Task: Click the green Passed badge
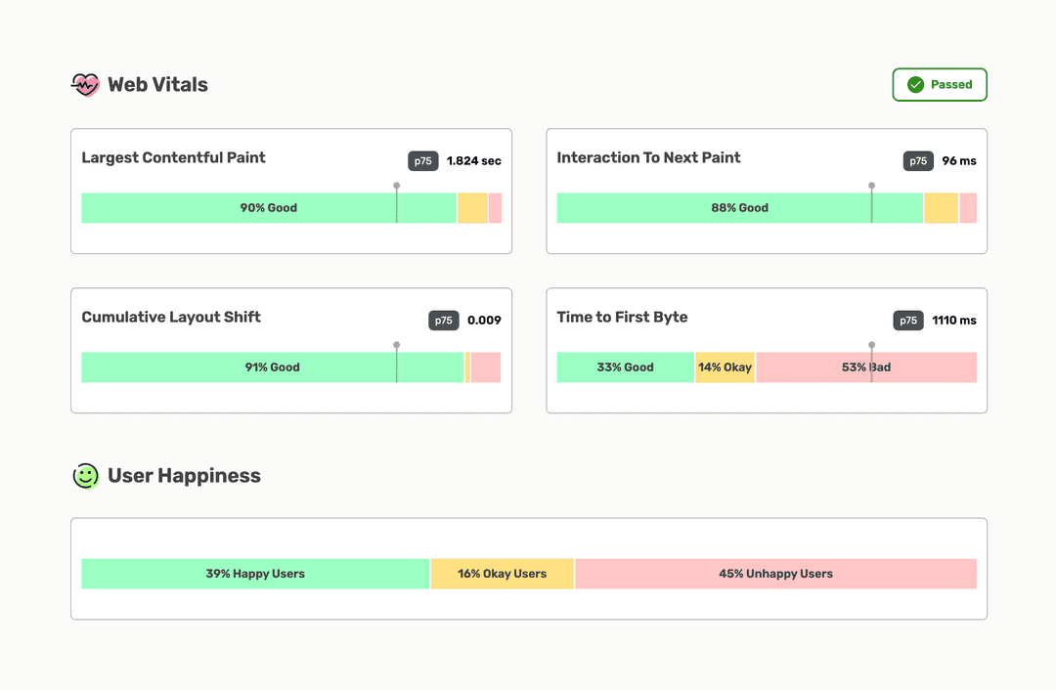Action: (x=940, y=85)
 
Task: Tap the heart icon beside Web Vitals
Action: (x=86, y=85)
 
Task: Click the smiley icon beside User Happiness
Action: (x=86, y=476)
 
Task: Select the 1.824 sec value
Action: (x=474, y=161)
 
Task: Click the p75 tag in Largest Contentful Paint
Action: (x=422, y=161)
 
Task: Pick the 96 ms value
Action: (x=959, y=161)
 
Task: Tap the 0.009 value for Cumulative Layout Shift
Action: (x=484, y=321)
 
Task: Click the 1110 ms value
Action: (x=953, y=321)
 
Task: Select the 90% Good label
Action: (x=269, y=208)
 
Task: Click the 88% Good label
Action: (x=739, y=208)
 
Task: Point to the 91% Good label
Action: (x=272, y=367)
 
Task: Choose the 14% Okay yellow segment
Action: (x=725, y=367)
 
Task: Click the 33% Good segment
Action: (x=625, y=367)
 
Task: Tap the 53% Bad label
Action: (x=866, y=367)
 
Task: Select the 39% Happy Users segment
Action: (x=255, y=574)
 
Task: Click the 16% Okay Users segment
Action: (x=502, y=574)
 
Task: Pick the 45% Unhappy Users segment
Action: (x=775, y=574)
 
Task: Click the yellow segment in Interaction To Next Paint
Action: (x=941, y=208)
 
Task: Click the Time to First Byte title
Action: (x=622, y=317)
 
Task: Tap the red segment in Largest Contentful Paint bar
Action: (x=495, y=208)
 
